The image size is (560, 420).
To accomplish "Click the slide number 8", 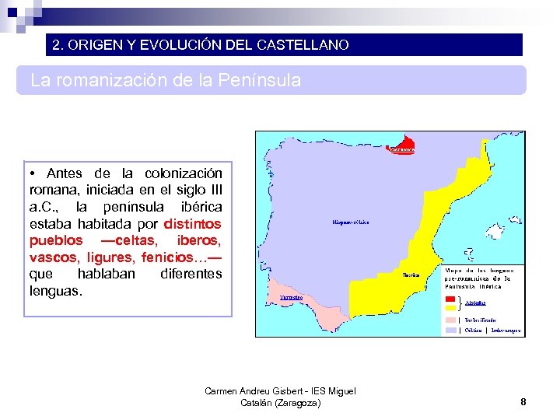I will pos(523,402).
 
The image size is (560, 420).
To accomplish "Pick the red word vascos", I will pos(54,257).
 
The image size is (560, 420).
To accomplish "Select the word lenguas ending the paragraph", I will pos(54,291).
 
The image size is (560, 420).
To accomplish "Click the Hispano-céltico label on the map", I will pos(350,222).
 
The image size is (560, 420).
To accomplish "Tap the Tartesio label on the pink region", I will pos(291,297).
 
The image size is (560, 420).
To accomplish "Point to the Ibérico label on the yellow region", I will pos(411,275).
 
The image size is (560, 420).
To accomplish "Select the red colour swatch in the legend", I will pos(450,299).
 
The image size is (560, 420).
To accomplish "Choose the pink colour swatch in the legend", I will pos(450,319).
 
